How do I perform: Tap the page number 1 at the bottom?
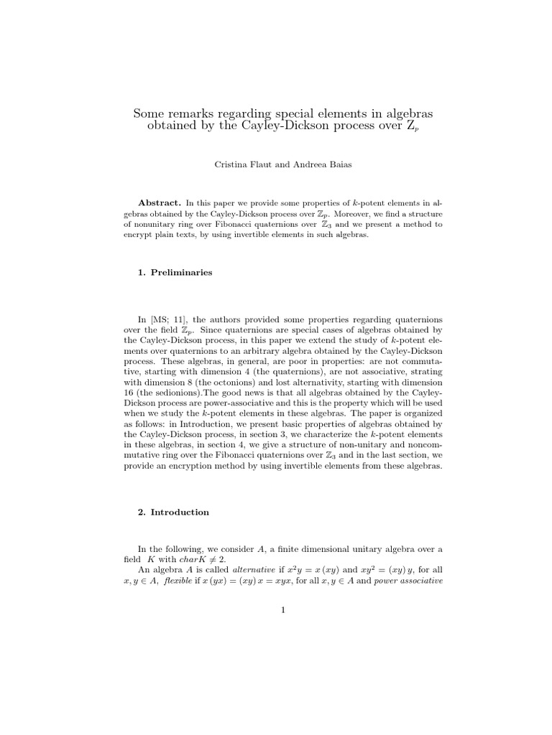[283, 610]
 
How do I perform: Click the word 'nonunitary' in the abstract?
[156, 225]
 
